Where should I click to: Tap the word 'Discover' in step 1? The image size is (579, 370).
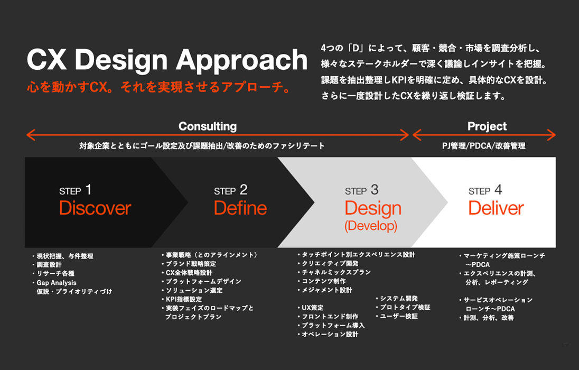95,208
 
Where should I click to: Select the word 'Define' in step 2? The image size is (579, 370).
240,208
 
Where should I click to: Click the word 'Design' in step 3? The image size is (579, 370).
373,209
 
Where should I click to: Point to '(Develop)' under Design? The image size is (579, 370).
371,226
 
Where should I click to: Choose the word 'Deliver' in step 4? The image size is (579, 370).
496,208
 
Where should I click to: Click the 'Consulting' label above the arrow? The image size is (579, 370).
208,126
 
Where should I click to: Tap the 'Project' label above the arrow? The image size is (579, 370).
487,126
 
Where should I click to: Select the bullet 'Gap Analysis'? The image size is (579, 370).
57,283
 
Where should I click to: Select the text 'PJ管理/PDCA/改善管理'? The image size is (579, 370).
484,146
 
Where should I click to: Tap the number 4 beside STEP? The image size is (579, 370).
498,190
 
